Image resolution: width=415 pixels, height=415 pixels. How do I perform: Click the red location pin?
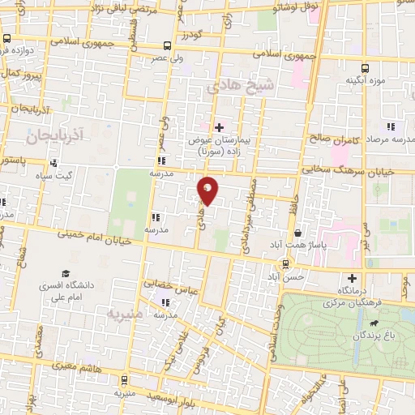point(208,190)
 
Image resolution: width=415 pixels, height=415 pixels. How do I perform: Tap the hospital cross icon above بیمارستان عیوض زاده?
point(219,126)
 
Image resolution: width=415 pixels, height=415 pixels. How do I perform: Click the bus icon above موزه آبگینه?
point(366,68)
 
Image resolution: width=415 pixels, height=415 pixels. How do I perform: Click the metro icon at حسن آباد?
point(285,263)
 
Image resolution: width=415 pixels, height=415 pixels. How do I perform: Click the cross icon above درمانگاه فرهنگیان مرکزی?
point(352,278)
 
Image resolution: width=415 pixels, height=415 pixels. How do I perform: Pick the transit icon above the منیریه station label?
point(122,379)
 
